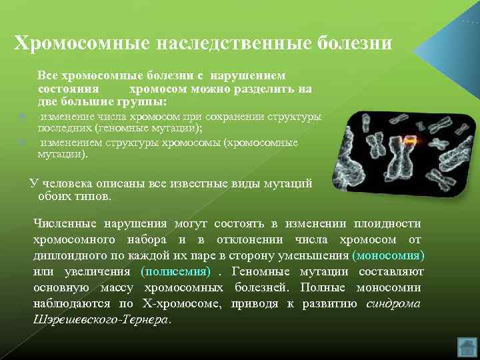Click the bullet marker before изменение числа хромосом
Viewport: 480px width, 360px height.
[x=22, y=116]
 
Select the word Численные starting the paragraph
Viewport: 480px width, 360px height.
[x=65, y=223]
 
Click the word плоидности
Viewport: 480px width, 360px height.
[x=390, y=223]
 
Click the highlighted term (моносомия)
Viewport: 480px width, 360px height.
[x=388, y=255]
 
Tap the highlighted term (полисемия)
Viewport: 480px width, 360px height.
[x=175, y=271]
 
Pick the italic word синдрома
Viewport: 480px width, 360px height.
[x=393, y=303]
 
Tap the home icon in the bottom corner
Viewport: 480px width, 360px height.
[x=467, y=347]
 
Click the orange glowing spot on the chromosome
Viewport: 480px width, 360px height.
[x=411, y=141]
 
